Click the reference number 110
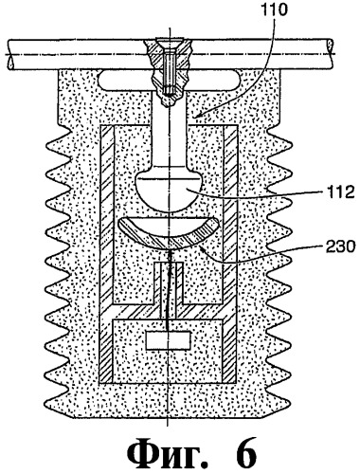pos(273,10)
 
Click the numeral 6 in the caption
pos(244,454)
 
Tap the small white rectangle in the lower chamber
pos(169,340)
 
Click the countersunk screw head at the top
pos(170,42)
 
